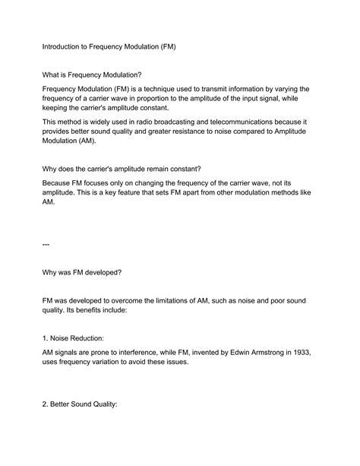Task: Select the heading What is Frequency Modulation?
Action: pos(92,74)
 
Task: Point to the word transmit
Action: pos(232,89)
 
